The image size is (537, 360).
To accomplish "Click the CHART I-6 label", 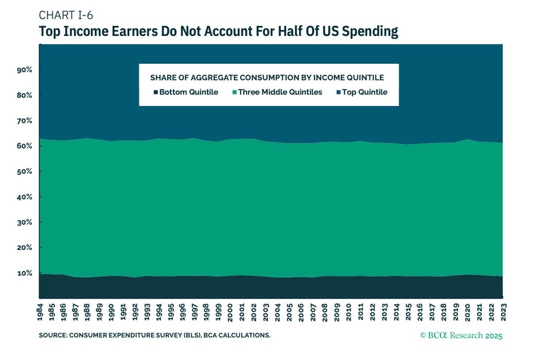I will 66,16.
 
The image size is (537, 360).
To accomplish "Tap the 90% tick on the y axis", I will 24,70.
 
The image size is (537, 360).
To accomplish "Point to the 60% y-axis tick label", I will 24,146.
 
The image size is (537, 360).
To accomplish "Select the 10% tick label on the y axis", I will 24,273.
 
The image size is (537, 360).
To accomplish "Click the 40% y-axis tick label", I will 24,197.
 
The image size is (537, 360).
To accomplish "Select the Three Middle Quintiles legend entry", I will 281,92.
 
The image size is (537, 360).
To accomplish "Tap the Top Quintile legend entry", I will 362,92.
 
